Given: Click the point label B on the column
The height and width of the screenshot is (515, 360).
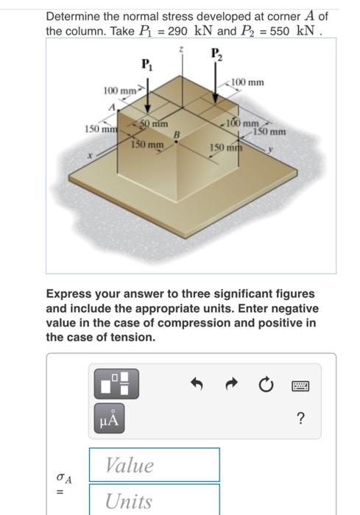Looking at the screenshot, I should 176,135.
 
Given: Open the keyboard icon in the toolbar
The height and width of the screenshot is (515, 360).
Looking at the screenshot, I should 301,384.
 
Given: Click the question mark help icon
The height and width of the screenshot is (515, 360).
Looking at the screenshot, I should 300,419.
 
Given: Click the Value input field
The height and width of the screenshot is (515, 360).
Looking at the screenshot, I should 155,465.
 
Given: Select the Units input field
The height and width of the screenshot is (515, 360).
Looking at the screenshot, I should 155,500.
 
